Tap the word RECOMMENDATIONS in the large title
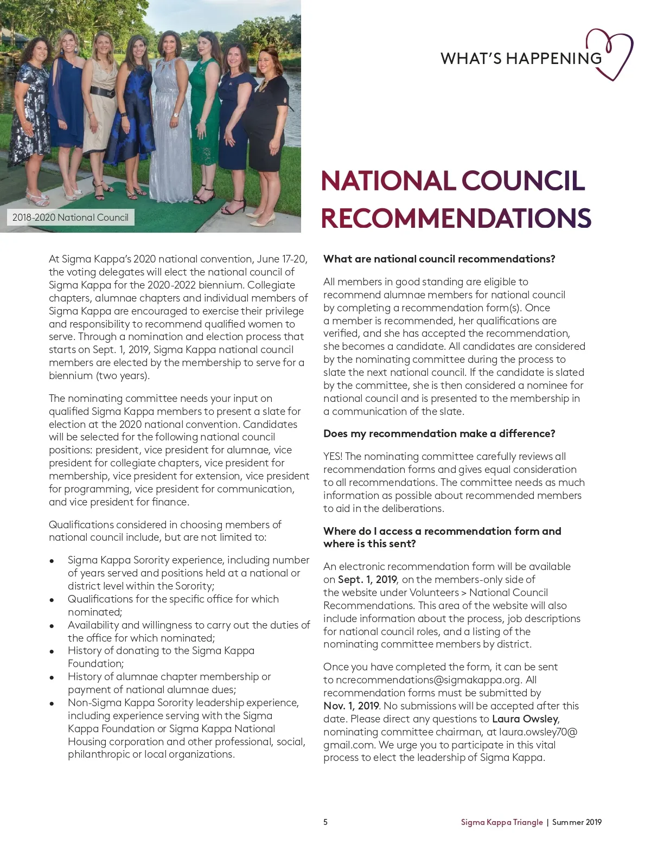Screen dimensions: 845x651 click(456, 218)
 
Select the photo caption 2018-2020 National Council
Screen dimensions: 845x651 click(71, 217)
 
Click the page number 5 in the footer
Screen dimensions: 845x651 click(325, 822)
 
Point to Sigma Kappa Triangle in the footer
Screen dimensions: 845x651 click(502, 822)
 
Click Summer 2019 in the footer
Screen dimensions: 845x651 click(577, 822)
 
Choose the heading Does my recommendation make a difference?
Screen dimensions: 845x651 click(439, 433)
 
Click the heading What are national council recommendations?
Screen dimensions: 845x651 click(439, 259)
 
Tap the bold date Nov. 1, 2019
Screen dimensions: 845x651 click(351, 706)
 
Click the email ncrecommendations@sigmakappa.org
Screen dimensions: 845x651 click(429, 680)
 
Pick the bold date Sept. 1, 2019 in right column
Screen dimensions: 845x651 click(367, 579)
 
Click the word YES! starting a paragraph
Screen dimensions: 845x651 click(333, 456)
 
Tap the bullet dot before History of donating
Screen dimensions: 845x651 click(52, 651)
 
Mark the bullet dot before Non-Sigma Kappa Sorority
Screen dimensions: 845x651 click(52, 703)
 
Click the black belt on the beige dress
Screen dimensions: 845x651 click(103, 92)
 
